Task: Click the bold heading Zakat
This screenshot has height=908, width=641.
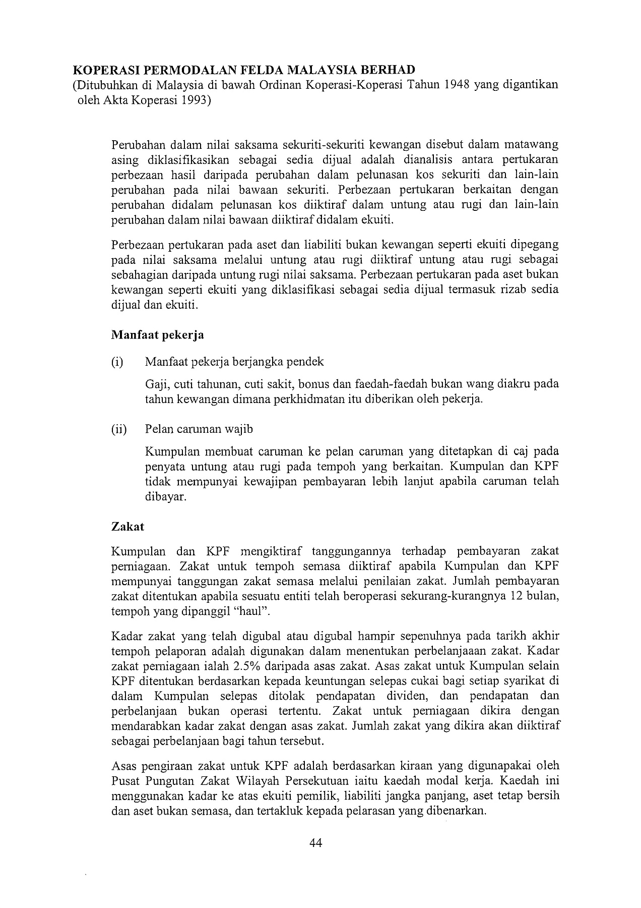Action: pyautogui.click(x=127, y=526)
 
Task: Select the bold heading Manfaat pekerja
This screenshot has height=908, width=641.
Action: pyautogui.click(x=157, y=334)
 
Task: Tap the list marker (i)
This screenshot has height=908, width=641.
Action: pyautogui.click(x=117, y=362)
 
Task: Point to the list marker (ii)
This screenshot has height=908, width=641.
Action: pyautogui.click(x=119, y=429)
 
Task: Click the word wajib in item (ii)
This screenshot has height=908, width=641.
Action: pyautogui.click(x=239, y=429)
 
